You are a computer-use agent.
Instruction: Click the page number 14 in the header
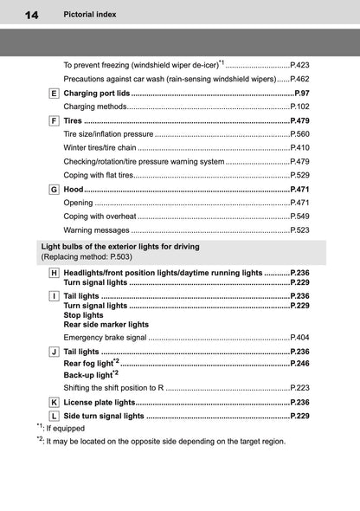click(20, 15)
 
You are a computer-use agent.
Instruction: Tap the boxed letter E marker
click(55, 93)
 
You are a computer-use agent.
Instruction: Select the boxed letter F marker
click(55, 120)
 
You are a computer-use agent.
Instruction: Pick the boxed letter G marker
click(55, 189)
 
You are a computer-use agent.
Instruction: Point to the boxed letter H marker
click(55, 272)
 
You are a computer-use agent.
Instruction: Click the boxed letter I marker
click(55, 296)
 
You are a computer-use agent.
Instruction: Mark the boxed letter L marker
click(55, 417)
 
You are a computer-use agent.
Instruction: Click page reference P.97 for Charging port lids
click(302, 93)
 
